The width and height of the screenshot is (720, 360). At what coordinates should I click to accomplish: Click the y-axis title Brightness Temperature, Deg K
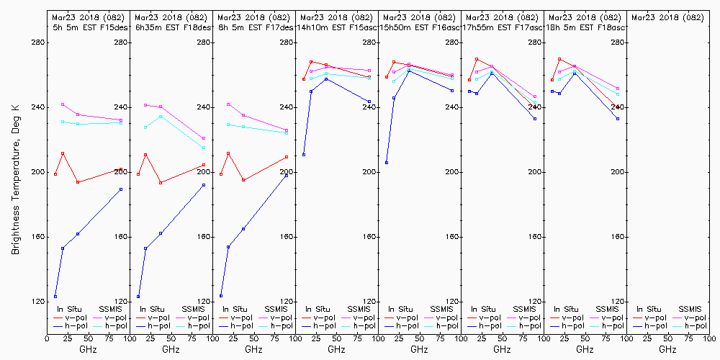coord(15,172)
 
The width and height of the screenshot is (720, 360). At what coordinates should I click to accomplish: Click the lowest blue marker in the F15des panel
coord(55,297)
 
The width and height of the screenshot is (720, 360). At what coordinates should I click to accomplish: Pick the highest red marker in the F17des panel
coord(228,153)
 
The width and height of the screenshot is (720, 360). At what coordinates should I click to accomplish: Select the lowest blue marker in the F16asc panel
coord(387,163)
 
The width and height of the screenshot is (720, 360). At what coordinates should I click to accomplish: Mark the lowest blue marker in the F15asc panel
coord(304,155)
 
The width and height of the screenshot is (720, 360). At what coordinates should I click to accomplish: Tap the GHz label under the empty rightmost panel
coord(667,349)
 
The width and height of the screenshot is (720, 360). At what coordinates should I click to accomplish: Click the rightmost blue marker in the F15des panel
coord(121,189)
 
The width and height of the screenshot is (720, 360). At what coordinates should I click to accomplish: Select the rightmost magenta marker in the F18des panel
coord(204,138)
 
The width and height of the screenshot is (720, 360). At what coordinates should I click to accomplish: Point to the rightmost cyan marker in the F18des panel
coord(204,148)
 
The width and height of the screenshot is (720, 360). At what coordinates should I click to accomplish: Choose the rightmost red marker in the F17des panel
coord(287,157)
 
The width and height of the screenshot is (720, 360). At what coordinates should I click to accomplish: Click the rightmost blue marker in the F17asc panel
coord(535,119)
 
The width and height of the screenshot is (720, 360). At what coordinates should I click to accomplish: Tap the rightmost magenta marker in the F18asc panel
coord(618,88)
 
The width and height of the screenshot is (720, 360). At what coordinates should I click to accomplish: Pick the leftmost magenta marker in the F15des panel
coord(63,104)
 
